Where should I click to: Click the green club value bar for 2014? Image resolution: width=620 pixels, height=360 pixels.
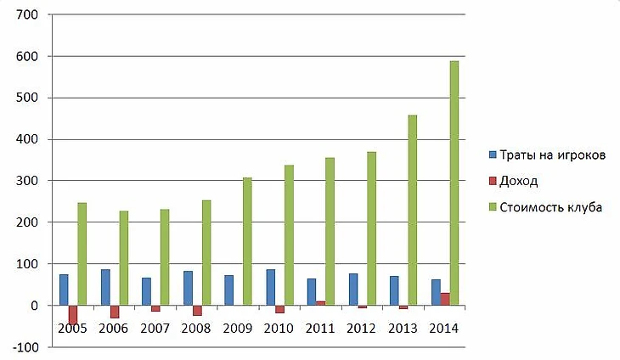click(454, 183)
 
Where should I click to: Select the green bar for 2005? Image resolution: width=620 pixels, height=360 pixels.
click(82, 254)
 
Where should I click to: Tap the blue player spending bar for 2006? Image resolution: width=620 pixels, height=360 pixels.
click(105, 287)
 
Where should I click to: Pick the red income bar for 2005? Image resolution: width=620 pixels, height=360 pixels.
click(73, 314)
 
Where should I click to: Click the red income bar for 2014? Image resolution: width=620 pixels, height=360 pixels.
click(445, 299)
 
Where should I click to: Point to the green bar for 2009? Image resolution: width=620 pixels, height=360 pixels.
click(248, 241)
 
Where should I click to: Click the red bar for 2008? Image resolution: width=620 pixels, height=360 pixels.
click(197, 310)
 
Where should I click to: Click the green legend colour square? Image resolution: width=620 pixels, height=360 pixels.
click(493, 206)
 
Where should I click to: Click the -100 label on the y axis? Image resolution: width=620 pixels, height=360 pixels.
click(25, 347)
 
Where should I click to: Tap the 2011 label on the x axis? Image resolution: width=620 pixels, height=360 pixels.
click(321, 328)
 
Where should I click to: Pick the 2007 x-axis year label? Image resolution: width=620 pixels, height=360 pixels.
click(155, 328)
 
